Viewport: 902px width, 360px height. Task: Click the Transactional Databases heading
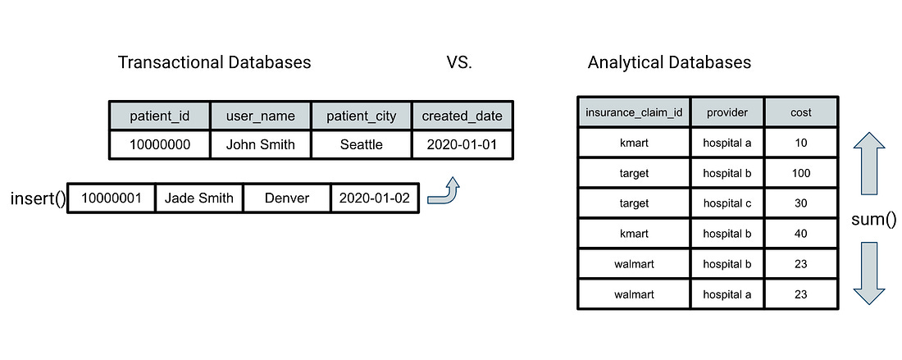tap(215, 62)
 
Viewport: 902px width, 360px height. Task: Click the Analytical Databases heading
tap(670, 62)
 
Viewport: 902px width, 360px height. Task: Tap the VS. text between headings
tap(459, 62)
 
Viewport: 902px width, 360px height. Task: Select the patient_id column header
tap(159, 116)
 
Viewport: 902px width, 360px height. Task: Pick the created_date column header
tap(462, 116)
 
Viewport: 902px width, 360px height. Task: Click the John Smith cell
tap(260, 144)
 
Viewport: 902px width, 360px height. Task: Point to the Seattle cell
tap(362, 144)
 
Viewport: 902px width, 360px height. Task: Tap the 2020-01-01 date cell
tap(462, 144)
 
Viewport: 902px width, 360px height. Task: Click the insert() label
tap(38, 199)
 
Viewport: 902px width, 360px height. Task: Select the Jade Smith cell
tap(199, 198)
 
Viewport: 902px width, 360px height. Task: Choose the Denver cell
tap(287, 198)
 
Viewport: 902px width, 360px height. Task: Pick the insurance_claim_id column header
tap(634, 112)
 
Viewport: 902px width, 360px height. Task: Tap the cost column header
tap(801, 112)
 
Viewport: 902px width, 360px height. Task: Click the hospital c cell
tap(727, 203)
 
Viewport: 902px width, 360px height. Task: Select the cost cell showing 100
tap(801, 172)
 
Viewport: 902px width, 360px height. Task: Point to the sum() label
tap(874, 218)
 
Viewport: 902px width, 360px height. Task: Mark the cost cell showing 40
tap(801, 234)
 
